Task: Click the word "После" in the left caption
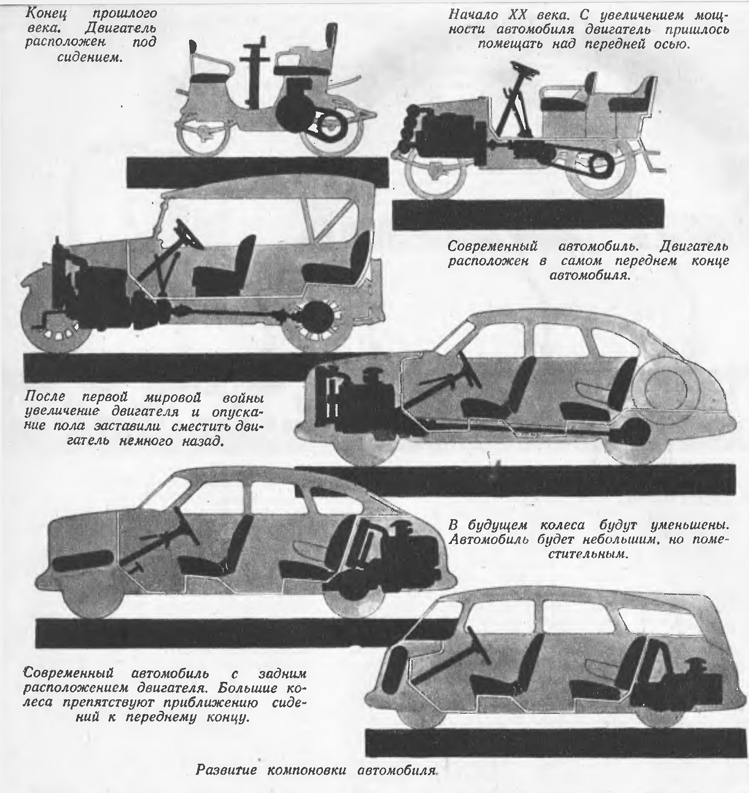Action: (42, 396)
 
